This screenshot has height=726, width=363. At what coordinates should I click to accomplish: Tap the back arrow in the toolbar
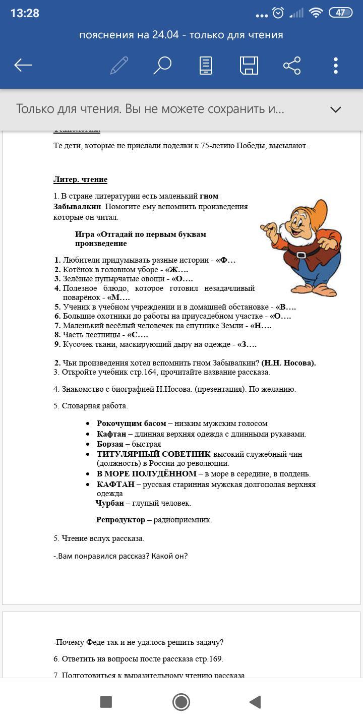[23, 66]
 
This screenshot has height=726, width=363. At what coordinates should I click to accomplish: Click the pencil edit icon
[119, 66]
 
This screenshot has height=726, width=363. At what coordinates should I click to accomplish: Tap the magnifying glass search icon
[162, 66]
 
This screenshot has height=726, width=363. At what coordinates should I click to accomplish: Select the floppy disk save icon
[249, 66]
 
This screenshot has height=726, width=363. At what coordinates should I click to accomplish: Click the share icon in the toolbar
[292, 66]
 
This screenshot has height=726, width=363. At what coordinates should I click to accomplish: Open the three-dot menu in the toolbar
[336, 66]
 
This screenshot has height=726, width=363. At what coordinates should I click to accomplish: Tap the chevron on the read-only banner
[335, 109]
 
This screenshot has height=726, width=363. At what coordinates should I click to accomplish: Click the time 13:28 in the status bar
[25, 13]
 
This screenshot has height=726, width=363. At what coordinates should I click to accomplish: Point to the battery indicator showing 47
[340, 13]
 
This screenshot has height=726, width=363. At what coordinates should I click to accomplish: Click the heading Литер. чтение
[80, 179]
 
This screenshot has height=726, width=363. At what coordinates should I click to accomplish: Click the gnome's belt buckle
[302, 254]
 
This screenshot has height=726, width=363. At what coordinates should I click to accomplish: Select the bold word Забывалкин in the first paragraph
[78, 207]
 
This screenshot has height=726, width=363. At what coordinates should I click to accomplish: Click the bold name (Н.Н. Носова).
[288, 363]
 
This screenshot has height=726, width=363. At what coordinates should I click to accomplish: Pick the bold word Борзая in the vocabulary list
[110, 444]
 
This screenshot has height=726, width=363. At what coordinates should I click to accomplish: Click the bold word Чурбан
[109, 503]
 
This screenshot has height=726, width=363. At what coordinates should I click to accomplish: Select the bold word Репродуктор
[120, 520]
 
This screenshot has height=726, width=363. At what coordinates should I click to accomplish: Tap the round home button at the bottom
[181, 702]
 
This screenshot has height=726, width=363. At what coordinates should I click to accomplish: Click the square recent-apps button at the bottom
[106, 702]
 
